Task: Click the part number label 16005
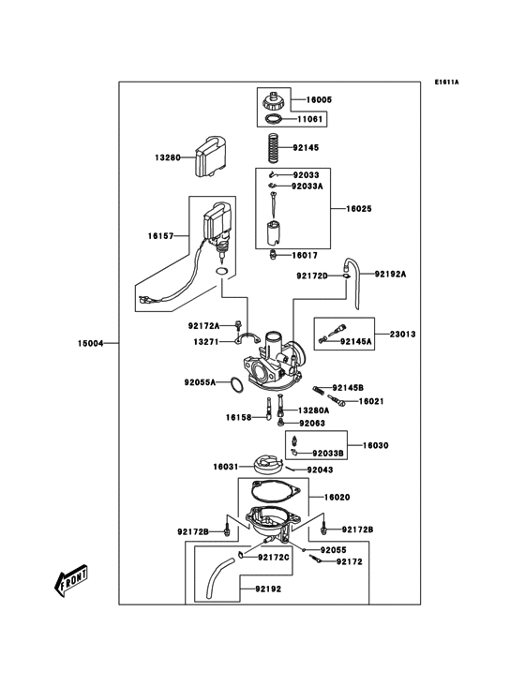tap(319, 99)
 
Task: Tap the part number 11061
tap(311, 120)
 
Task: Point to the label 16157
tap(160, 237)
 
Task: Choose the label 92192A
tap(391, 275)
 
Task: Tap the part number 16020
tap(337, 498)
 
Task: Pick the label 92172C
tap(274, 557)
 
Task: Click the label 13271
tap(206, 342)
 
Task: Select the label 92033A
tap(307, 186)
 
